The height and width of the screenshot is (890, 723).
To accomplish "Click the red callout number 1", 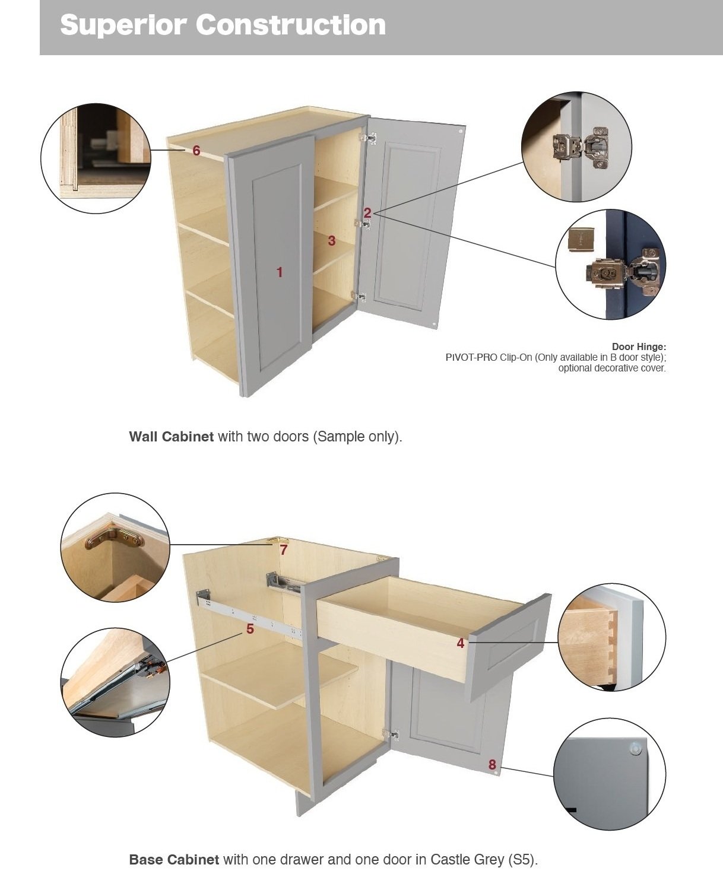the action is point(280,272).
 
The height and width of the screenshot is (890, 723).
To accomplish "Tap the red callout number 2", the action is point(367,213).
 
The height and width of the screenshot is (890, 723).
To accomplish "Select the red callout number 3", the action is point(332,241).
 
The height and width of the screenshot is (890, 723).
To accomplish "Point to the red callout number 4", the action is point(461,643).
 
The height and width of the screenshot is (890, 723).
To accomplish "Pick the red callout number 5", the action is point(250,628).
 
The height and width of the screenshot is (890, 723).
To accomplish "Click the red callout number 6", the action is point(196,151).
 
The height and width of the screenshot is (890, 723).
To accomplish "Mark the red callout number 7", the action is point(284,550).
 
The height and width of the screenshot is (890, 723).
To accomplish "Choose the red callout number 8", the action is point(492,765).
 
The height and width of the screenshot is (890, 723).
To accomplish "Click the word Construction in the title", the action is point(290,25).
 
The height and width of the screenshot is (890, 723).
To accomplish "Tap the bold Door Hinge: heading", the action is point(639,347).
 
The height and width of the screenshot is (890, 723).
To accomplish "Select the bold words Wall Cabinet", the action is point(172,437).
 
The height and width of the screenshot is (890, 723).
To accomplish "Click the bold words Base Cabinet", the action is point(174,860).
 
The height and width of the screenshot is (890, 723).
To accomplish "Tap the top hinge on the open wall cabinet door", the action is point(369,138).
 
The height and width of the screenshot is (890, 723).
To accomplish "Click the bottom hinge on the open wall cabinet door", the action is point(359,297).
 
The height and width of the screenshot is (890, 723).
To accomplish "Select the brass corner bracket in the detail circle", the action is point(114,538).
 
